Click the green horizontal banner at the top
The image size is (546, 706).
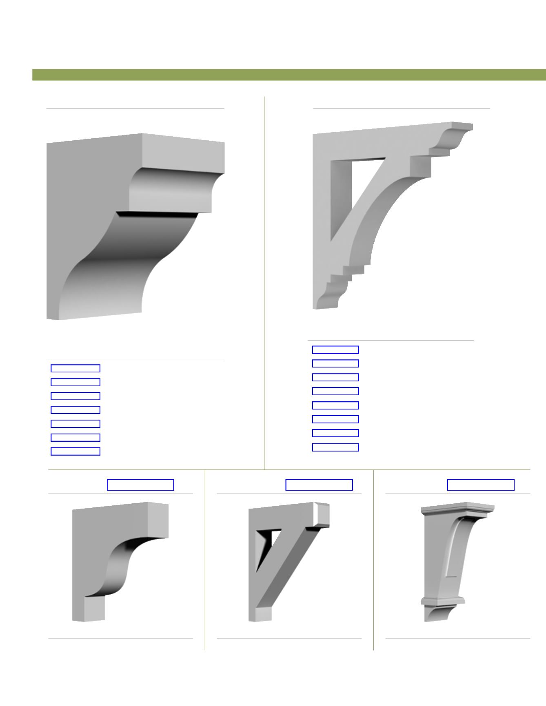(286, 75)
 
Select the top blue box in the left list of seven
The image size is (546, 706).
(75, 368)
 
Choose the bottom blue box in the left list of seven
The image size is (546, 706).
(75, 451)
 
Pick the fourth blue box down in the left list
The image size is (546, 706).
(75, 410)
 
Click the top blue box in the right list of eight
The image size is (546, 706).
(335, 350)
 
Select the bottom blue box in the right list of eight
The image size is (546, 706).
(335, 447)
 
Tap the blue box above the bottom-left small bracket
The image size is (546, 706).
(140, 485)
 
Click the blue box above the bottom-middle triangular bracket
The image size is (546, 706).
(319, 485)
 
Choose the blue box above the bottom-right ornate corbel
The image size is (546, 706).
(481, 485)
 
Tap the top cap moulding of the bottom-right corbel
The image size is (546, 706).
(457, 509)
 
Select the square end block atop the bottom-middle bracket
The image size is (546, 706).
(321, 514)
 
